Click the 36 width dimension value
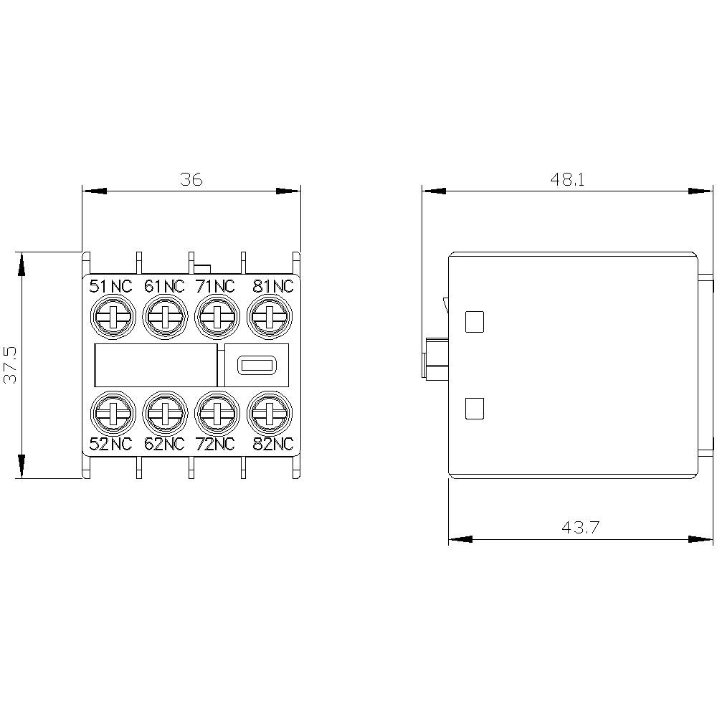pyautogui.click(x=191, y=179)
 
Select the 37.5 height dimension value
pyautogui.click(x=11, y=364)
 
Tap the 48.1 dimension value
pyautogui.click(x=567, y=179)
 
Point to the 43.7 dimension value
pyautogui.click(x=580, y=528)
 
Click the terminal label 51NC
pyautogui.click(x=110, y=287)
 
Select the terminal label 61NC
pyautogui.click(x=164, y=287)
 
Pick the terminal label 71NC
pyautogui.click(x=215, y=287)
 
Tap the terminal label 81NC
pyautogui.click(x=273, y=287)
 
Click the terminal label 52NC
pyautogui.click(x=110, y=444)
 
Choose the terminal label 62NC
pyautogui.click(x=164, y=444)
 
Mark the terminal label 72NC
pyautogui.click(x=215, y=444)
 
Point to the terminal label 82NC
pyautogui.click(x=273, y=444)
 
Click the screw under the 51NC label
pyautogui.click(x=111, y=316)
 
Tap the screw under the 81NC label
pyautogui.click(x=269, y=316)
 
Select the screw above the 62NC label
pyautogui.click(x=164, y=412)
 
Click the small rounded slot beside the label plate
pyautogui.click(x=256, y=365)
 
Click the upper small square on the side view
pyautogui.click(x=475, y=322)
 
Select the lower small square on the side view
pyautogui.click(x=475, y=409)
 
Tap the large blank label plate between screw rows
pyautogui.click(x=155, y=365)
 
